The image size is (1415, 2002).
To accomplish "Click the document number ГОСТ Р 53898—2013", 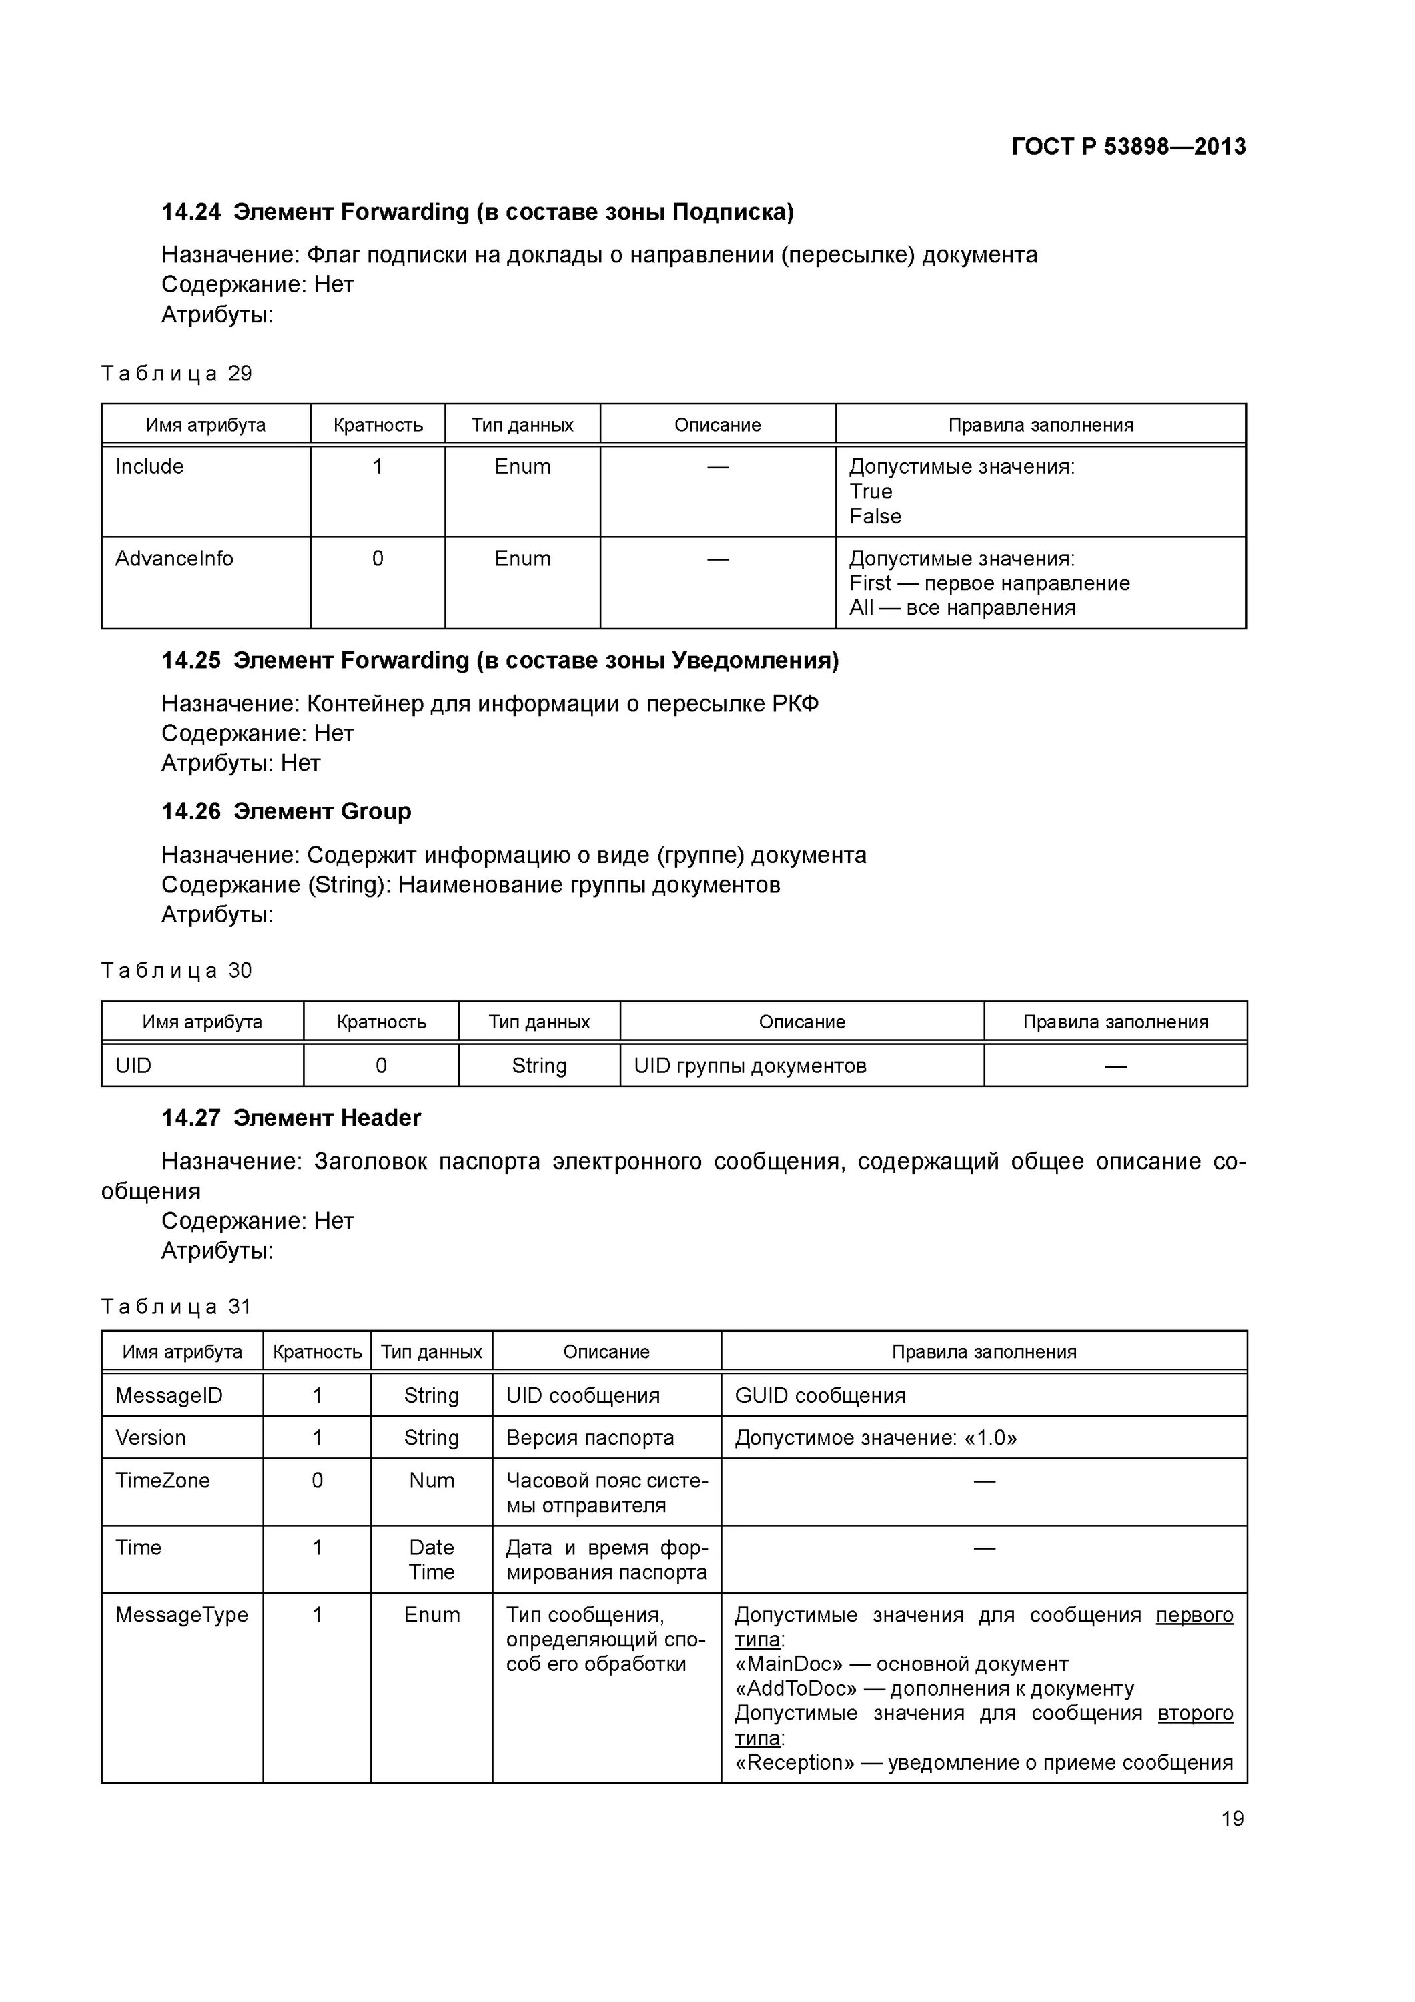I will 1128,147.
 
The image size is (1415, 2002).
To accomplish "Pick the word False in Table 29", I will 875,517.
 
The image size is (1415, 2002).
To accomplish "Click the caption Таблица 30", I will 176,970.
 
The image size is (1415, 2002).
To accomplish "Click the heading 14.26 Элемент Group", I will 286,811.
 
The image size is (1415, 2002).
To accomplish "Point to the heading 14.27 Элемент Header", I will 291,1118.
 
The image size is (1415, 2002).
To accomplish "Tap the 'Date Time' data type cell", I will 432,1559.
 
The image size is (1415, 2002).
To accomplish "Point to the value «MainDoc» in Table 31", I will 788,1664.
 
